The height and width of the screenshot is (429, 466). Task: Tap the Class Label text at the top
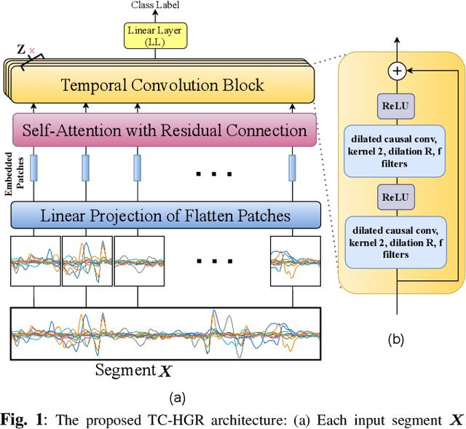154,6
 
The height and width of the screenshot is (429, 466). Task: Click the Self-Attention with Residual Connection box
165,131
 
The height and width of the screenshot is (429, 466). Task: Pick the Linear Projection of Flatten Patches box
165,216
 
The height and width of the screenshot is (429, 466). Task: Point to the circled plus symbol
397,71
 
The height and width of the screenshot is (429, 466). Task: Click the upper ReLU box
397,105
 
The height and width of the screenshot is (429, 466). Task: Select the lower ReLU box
397,197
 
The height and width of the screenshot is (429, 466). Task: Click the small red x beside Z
31,51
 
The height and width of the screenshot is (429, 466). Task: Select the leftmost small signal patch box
35,260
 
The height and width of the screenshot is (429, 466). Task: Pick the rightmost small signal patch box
295,260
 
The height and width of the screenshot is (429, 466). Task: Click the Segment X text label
134,371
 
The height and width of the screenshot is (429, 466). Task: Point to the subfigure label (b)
397,339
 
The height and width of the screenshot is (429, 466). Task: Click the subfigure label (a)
178,398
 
